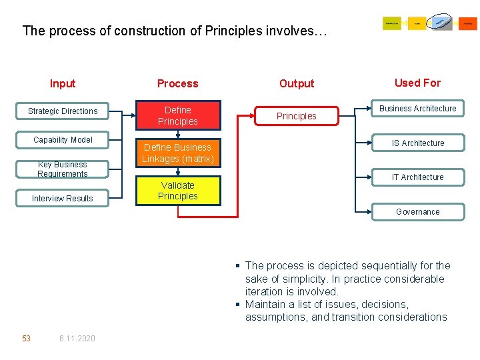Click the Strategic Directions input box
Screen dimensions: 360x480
pyautogui.click(x=63, y=111)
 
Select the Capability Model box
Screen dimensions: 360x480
pyautogui.click(x=63, y=140)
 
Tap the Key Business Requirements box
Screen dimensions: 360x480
pyautogui.click(x=63, y=169)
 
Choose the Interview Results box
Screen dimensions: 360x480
pyautogui.click(x=63, y=199)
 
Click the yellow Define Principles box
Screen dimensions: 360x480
pyautogui.click(x=178, y=116)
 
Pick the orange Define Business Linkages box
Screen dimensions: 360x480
pyautogui.click(x=178, y=153)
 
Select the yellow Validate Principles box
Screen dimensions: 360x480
pyautogui.click(x=178, y=191)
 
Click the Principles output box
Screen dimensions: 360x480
pyautogui.click(x=297, y=116)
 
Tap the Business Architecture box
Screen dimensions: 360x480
pyautogui.click(x=418, y=109)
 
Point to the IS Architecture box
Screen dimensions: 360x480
pyautogui.click(x=418, y=143)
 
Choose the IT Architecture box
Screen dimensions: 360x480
pyautogui.click(x=418, y=177)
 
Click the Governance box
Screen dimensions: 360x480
pyautogui.click(x=418, y=212)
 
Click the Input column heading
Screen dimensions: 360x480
pyautogui.click(x=63, y=83)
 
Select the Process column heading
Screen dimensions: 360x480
pyautogui.click(x=178, y=83)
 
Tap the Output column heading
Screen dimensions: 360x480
pyautogui.click(x=297, y=83)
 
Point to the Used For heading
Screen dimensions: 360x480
pyautogui.click(x=417, y=83)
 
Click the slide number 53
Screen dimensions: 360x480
pyautogui.click(x=26, y=339)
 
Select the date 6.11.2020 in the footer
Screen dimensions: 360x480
pyautogui.click(x=77, y=339)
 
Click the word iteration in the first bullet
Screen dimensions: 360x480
pyautogui.click(x=265, y=291)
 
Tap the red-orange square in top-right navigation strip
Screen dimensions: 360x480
pyautogui.click(x=468, y=24)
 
